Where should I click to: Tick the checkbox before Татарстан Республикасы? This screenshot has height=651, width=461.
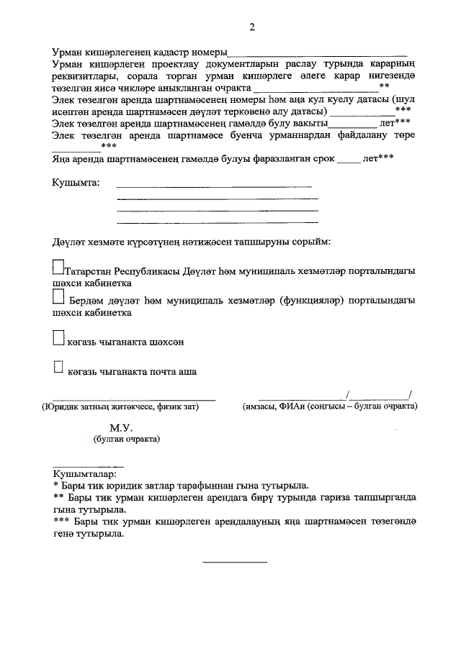(58, 268)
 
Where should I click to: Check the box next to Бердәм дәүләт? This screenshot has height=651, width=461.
(58, 297)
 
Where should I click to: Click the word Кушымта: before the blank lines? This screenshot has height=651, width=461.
(76, 184)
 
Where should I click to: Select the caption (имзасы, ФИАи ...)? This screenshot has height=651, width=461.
(330, 407)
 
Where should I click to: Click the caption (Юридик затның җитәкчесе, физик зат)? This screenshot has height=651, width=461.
(120, 407)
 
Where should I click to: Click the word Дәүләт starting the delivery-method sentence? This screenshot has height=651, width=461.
(69, 240)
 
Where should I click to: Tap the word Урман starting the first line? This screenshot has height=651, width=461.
(68, 53)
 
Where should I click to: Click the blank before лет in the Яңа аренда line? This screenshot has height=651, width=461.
(348, 160)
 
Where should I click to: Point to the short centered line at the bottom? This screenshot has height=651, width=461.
(234, 561)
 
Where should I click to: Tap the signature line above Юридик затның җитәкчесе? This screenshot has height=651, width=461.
(133, 399)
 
